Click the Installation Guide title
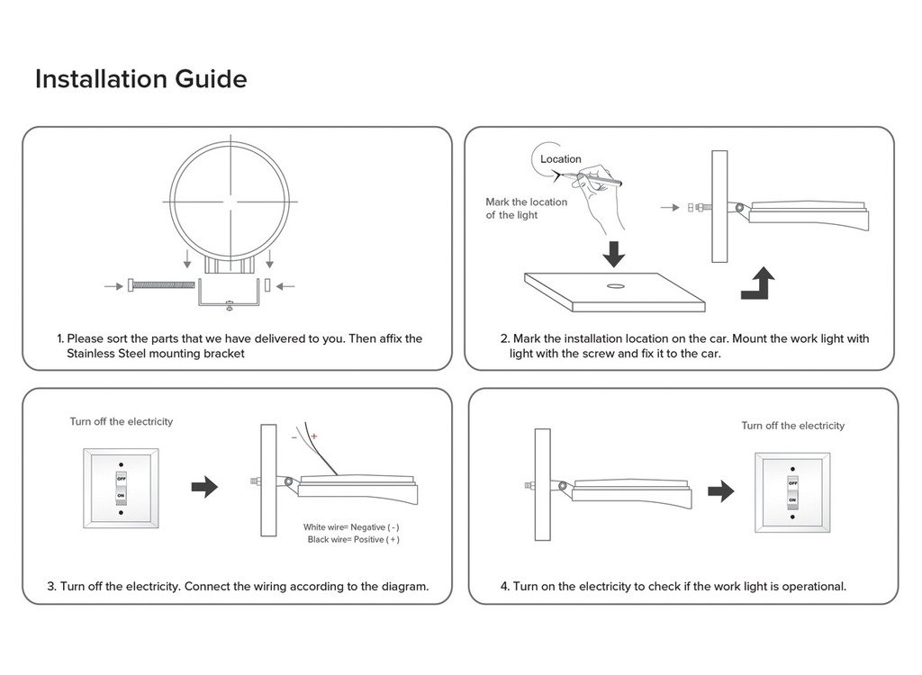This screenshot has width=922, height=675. tap(140, 79)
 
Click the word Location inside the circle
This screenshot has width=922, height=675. tap(561, 159)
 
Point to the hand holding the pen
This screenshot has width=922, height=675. tap(600, 202)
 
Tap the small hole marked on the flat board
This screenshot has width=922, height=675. tap(615, 286)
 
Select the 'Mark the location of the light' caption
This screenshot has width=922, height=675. tap(527, 209)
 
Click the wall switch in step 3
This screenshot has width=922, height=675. tap(121, 488)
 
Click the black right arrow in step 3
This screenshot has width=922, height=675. tap(205, 487)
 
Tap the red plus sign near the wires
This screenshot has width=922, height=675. tap(314, 436)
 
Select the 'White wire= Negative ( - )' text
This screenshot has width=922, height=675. tap(351, 526)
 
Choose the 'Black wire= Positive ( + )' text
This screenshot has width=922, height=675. tap(353, 539)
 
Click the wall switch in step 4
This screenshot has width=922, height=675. tap(792, 492)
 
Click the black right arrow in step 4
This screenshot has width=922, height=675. tap(720, 491)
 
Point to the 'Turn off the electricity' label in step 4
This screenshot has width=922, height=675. tap(793, 426)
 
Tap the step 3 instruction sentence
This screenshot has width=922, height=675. tap(238, 586)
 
